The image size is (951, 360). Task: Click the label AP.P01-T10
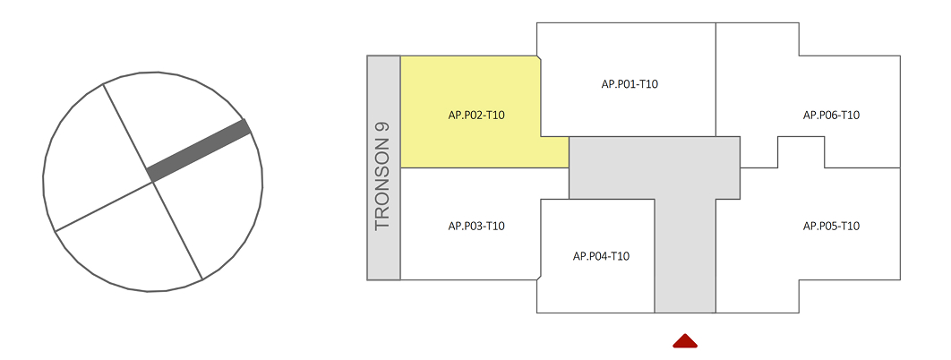[x=630, y=84]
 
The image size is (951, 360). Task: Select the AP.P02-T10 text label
[x=476, y=115]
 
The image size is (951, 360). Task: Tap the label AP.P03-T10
[x=476, y=226]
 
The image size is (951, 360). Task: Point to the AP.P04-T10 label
[x=601, y=256]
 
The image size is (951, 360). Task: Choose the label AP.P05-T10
[x=831, y=226]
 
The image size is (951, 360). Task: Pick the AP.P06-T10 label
[x=831, y=115]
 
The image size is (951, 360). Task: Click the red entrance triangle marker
[x=685, y=340]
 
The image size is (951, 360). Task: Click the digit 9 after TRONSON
[x=383, y=128]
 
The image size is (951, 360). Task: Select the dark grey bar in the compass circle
[x=199, y=150]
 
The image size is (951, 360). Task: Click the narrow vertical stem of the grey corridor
[x=685, y=260]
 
